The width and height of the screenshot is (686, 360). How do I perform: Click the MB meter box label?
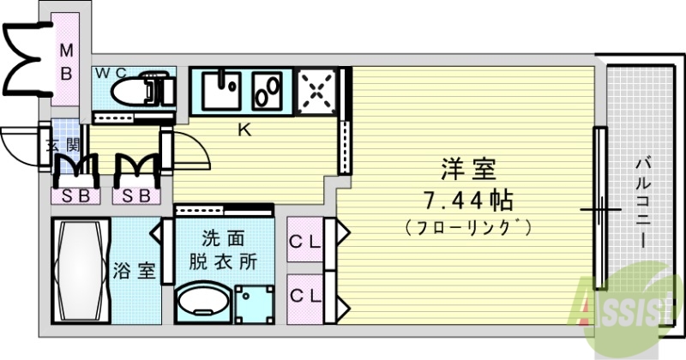click(66, 63)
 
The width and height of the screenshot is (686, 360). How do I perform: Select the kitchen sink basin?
click(225, 89)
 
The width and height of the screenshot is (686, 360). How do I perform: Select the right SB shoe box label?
click(135, 196)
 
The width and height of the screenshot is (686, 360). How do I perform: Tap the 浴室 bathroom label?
click(135, 272)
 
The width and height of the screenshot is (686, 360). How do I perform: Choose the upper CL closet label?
click(304, 243)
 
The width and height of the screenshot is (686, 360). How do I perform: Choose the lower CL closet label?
click(304, 296)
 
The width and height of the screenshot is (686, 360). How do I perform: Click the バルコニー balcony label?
click(642, 204)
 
